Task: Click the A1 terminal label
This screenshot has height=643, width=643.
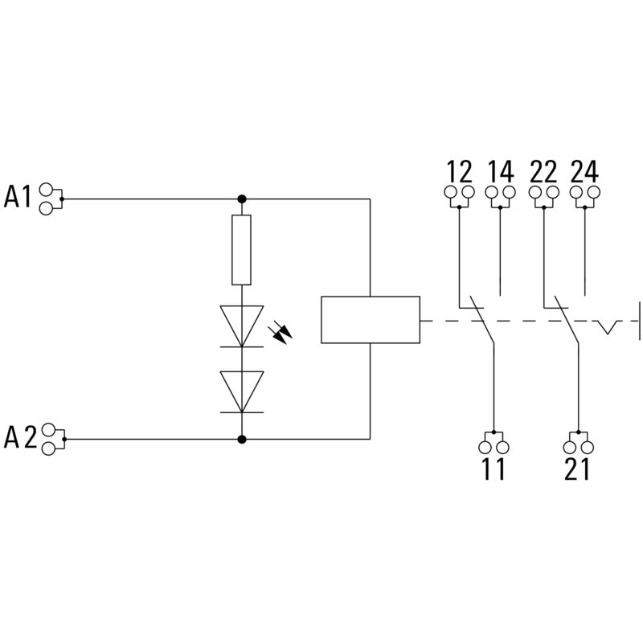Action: pyautogui.click(x=18, y=196)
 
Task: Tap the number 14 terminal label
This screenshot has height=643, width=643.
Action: pyautogui.click(x=500, y=171)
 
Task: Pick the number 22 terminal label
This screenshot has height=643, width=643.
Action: pyautogui.click(x=544, y=171)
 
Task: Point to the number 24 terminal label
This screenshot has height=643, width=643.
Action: pyautogui.click(x=585, y=171)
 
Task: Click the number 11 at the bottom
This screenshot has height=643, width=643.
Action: pyautogui.click(x=494, y=469)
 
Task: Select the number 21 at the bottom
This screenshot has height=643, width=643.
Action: pyautogui.click(x=577, y=469)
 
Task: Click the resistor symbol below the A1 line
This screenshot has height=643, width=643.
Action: pyautogui.click(x=242, y=250)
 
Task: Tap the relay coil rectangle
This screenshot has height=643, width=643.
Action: pyautogui.click(x=370, y=320)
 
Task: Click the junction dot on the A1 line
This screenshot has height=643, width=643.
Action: pyautogui.click(x=242, y=199)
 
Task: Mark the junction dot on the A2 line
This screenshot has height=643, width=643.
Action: pyautogui.click(x=242, y=439)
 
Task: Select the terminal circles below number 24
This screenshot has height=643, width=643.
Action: pyautogui.click(x=585, y=193)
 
